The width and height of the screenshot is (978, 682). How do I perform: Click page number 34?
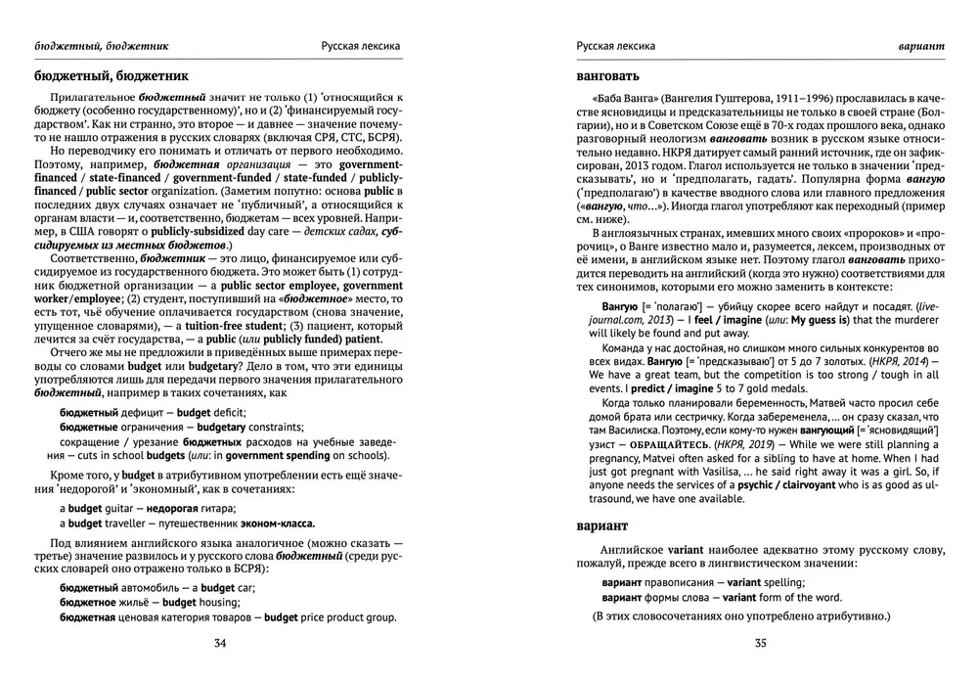(219, 643)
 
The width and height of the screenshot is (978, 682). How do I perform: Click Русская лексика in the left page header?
(361, 46)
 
